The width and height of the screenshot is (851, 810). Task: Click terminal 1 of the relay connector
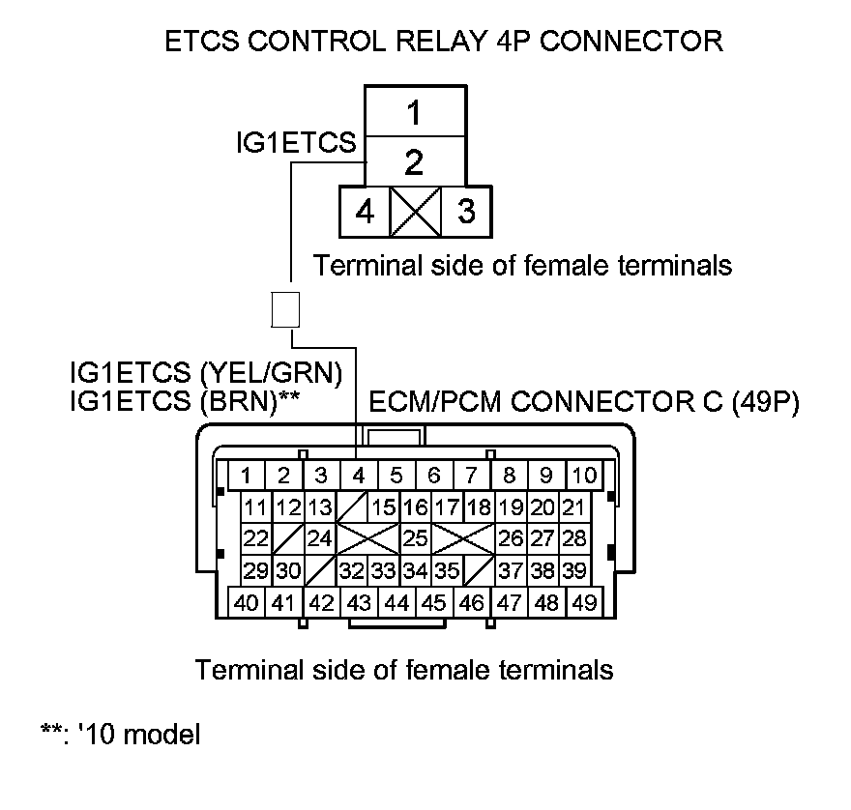coord(414,113)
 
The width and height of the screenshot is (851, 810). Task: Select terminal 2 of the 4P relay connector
coord(414,160)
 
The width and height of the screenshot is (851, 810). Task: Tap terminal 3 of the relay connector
coord(466,211)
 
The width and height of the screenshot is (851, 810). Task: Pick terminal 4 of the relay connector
coord(364,211)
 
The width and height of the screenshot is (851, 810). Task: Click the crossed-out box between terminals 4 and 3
coord(415,211)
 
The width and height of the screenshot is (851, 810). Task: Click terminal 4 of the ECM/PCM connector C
coord(358,475)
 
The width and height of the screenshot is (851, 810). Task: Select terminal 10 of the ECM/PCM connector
coord(583,475)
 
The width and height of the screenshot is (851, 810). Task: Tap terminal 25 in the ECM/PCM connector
coord(415,538)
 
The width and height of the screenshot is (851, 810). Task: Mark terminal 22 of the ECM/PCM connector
coord(255,538)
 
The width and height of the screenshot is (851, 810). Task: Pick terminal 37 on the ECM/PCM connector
coord(510,570)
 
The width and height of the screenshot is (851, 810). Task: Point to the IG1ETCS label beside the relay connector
coord(296,143)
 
